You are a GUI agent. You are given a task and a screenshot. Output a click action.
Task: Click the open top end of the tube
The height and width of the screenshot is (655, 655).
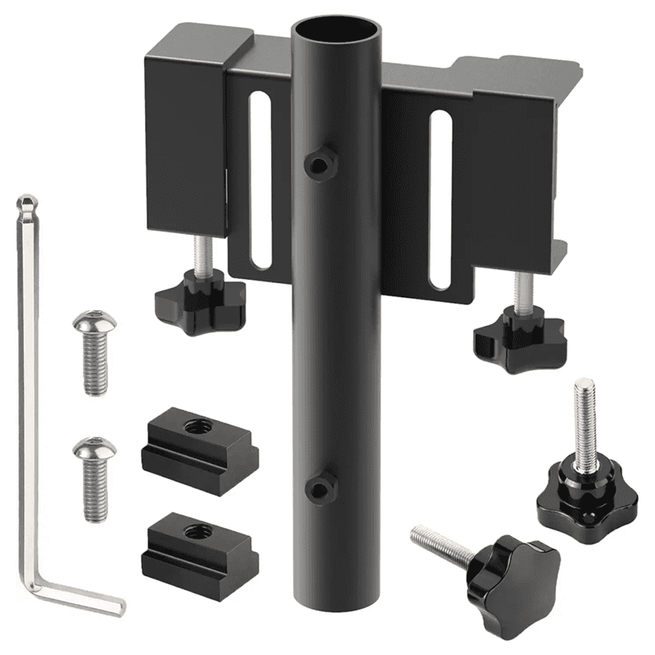pos(337,34)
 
